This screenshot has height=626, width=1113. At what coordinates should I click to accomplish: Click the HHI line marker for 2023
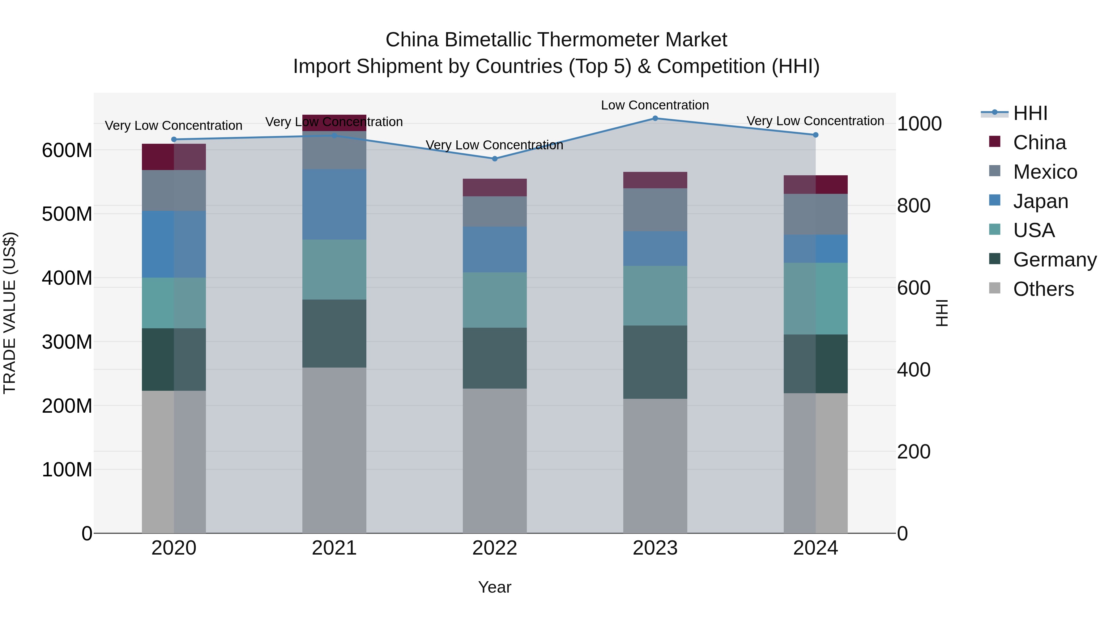click(x=655, y=118)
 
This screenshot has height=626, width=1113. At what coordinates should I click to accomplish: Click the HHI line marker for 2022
click(x=495, y=159)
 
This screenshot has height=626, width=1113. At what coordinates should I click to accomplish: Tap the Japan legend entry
click(x=1040, y=201)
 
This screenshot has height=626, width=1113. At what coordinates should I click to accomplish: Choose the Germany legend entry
click(x=1054, y=260)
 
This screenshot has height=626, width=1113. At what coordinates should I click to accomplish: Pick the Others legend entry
click(x=1043, y=289)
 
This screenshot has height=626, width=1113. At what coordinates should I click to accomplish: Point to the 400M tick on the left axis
click(x=67, y=278)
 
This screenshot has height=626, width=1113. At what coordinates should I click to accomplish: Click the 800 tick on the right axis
click(x=913, y=206)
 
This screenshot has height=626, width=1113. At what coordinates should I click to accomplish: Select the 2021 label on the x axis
click(x=334, y=548)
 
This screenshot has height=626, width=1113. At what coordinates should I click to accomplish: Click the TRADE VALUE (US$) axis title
click(x=10, y=313)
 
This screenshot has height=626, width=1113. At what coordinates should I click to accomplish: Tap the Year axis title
click(x=494, y=587)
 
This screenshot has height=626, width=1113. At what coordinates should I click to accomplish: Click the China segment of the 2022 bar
click(x=495, y=188)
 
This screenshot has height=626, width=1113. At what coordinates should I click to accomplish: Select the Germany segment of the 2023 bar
click(x=655, y=362)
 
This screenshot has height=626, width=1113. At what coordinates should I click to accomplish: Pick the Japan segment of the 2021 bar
click(x=334, y=204)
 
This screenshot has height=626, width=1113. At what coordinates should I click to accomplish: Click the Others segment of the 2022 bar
click(x=495, y=461)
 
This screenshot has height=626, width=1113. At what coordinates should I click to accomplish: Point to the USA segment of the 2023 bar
click(x=655, y=296)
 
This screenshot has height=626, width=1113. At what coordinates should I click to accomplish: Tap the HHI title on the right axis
click(x=941, y=313)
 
